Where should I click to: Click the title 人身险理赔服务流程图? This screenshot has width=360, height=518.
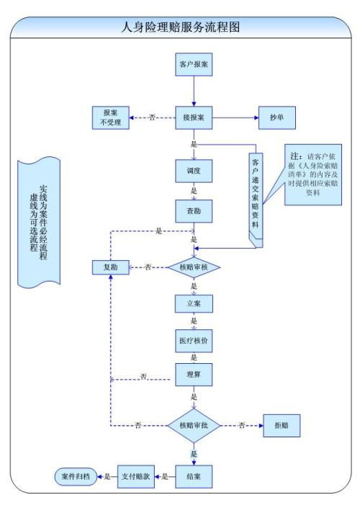point(179,27)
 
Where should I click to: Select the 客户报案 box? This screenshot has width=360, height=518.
point(194,63)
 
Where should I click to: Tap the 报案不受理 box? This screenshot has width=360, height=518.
point(111,117)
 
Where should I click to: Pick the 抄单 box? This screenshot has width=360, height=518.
point(276,117)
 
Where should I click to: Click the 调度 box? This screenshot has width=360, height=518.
point(194,171)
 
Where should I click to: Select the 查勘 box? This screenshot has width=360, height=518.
point(194,210)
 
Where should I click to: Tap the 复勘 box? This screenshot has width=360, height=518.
point(110,267)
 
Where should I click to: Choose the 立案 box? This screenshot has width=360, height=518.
point(194,303)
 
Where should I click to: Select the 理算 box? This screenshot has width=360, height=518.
point(194,375)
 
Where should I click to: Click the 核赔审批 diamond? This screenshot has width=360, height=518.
point(194,425)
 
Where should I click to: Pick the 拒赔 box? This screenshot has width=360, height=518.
point(282,425)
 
